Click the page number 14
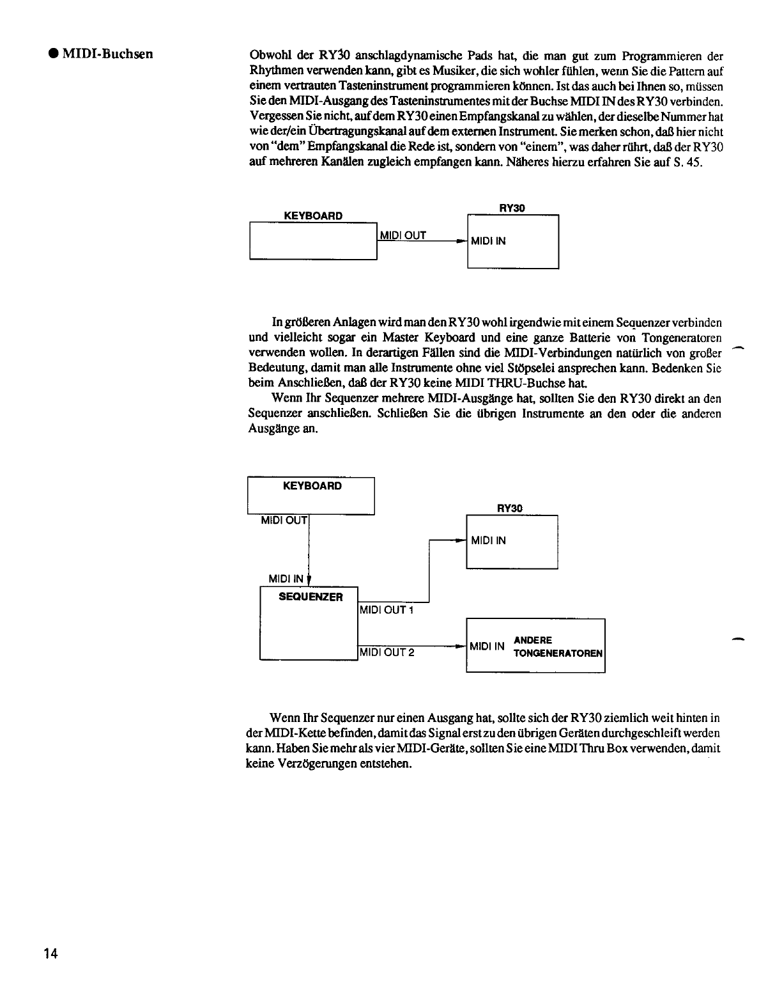(50, 953)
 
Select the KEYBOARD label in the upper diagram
(313, 216)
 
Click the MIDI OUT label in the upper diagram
(403, 235)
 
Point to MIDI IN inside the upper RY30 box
(488, 241)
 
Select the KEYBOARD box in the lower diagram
(311, 495)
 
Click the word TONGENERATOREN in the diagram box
(558, 654)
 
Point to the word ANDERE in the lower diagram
(533, 640)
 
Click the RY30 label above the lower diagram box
(509, 508)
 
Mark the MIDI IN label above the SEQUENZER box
(286, 579)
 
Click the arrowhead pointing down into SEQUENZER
(310, 581)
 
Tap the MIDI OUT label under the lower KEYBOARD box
(284, 521)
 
